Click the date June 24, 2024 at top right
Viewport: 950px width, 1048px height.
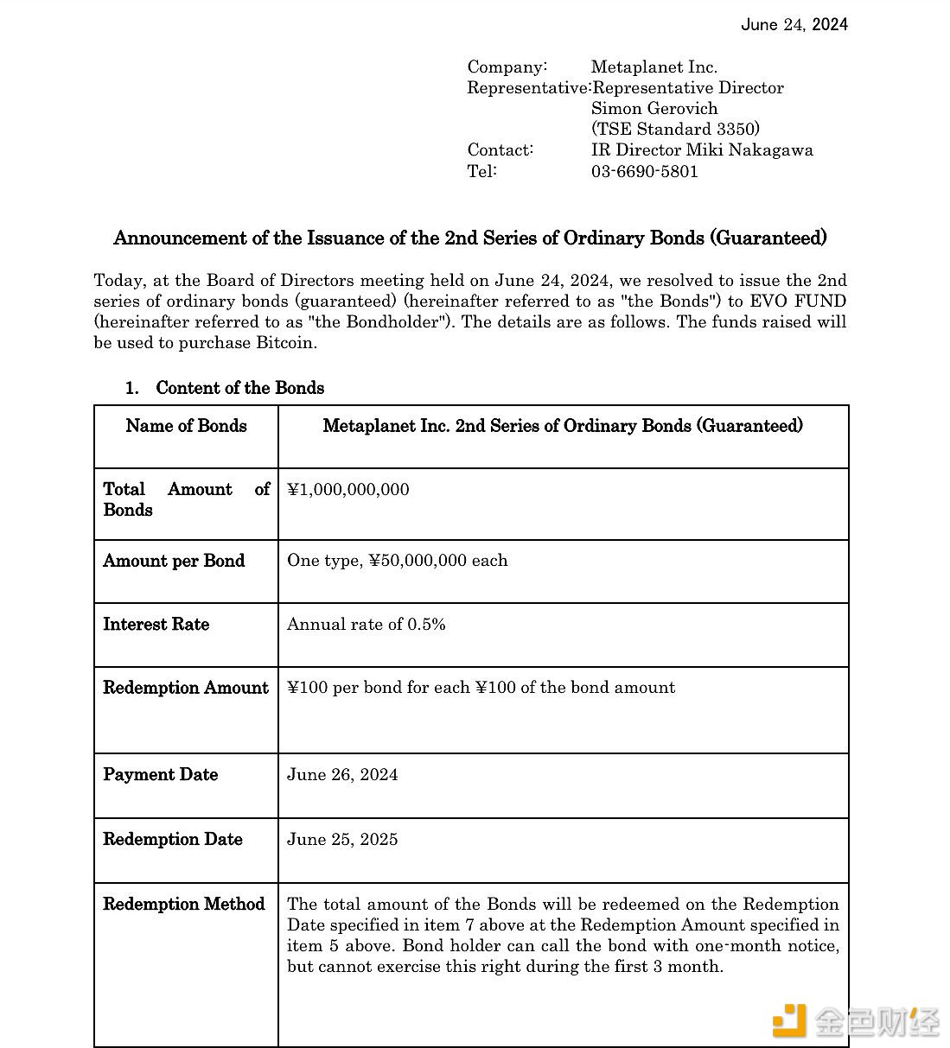point(794,24)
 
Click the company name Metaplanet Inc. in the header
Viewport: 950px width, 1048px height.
point(654,67)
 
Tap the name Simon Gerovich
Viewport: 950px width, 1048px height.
point(654,108)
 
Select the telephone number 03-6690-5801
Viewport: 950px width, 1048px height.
point(644,170)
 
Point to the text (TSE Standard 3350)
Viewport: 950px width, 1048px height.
point(675,129)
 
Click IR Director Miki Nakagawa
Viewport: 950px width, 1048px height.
point(701,149)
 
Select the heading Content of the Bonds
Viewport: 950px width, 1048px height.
point(239,387)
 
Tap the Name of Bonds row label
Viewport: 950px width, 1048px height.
point(186,425)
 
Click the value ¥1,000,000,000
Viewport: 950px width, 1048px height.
point(347,489)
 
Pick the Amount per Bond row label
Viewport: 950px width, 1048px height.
point(174,560)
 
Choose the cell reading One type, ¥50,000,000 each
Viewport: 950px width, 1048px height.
point(397,560)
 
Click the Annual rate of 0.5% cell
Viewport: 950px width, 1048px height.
point(366,624)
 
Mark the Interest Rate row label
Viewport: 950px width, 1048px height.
point(156,624)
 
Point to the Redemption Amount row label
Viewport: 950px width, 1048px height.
point(186,687)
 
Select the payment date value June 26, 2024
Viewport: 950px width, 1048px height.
point(342,774)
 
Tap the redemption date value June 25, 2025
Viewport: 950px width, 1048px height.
point(342,839)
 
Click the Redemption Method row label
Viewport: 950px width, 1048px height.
point(183,904)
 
